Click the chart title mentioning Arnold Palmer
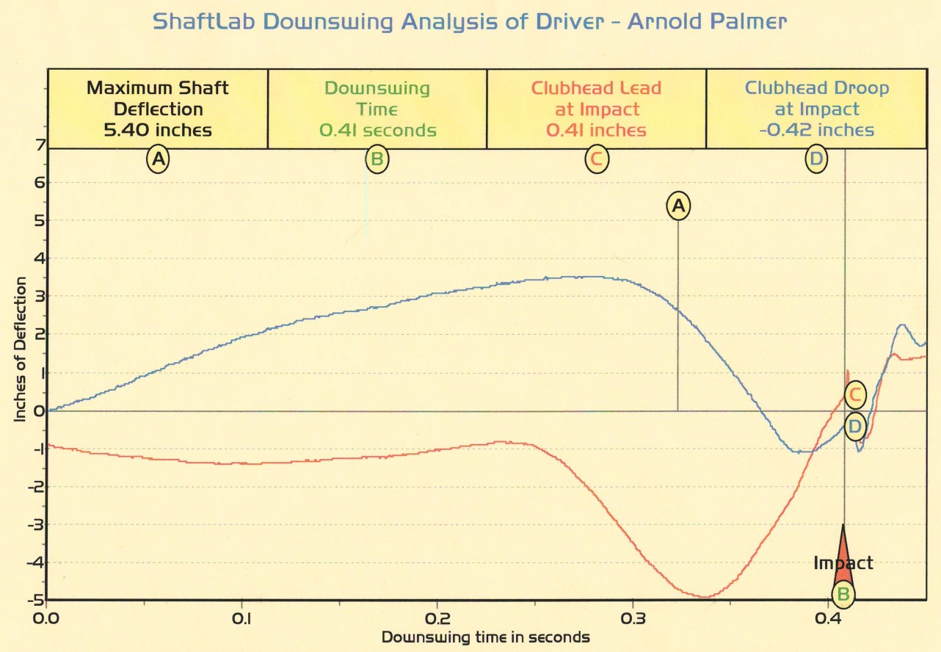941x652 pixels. [470, 21]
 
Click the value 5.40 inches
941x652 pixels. [157, 131]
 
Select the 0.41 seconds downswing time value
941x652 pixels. [377, 131]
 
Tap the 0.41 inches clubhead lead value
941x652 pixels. [596, 131]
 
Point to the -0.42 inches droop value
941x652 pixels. [816, 131]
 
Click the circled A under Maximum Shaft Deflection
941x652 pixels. [157, 159]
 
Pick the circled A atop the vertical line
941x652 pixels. [679, 206]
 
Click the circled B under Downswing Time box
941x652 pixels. [377, 159]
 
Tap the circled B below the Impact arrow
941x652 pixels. [843, 593]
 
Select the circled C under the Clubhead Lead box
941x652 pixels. [596, 159]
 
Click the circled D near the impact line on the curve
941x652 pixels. [854, 426]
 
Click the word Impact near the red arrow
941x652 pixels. [843, 563]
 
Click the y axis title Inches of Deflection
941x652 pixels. [21, 349]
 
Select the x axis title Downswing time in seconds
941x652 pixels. [485, 637]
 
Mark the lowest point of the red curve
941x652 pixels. [703, 597]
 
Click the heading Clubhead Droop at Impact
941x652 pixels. [816, 98]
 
